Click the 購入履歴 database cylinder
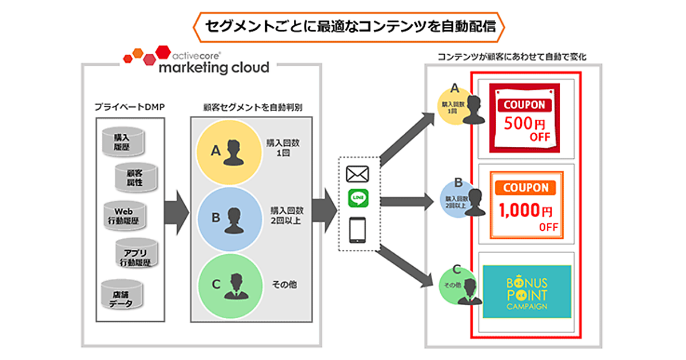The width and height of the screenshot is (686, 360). tap(121, 142)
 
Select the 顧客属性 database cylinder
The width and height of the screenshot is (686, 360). tap(135, 178)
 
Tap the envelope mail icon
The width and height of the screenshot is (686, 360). tap(358, 174)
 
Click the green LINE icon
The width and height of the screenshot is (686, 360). tap(358, 199)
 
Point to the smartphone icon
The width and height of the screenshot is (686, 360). tap(358, 230)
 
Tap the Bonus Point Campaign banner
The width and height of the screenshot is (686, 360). tap(526, 291)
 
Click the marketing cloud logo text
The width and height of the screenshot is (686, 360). tap(214, 67)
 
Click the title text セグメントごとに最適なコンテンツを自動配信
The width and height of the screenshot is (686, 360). tap(342, 26)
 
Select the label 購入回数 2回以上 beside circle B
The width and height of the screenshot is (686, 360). tap(286, 215)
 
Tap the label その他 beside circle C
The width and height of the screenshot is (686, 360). tap(285, 284)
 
